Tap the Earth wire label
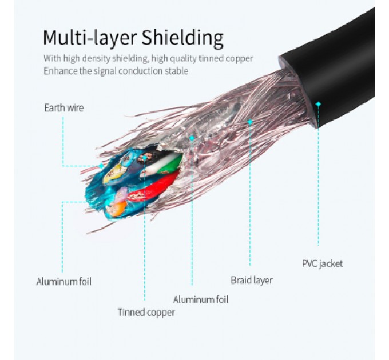click(x=63, y=107)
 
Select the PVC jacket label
click(x=322, y=263)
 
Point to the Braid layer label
click(x=251, y=280)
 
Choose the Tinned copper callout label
click(x=146, y=312)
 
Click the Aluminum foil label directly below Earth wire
click(x=63, y=281)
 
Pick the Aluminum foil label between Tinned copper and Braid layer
click(x=200, y=299)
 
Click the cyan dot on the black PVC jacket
click(x=318, y=104)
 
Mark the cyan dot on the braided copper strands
click(x=250, y=122)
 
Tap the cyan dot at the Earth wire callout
click(x=101, y=166)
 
